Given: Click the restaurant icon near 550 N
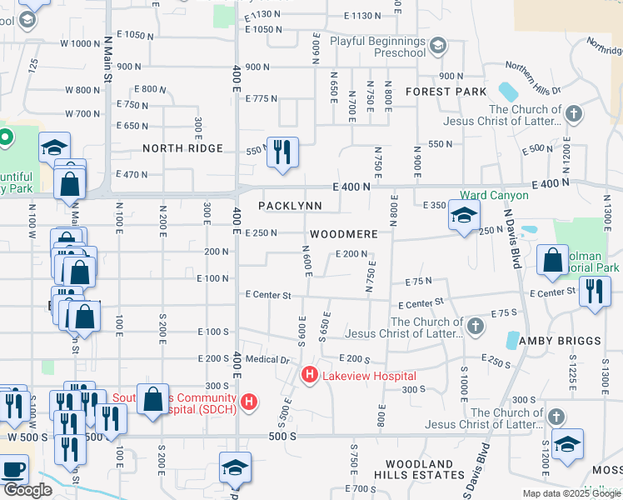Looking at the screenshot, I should click(x=282, y=152).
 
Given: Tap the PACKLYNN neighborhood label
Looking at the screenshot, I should click(x=290, y=205).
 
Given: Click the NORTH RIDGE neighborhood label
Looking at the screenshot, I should click(x=182, y=148).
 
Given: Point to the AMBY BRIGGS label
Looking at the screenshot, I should click(x=560, y=342).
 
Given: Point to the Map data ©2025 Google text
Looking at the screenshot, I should click(x=571, y=493).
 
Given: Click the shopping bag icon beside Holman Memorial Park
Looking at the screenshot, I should click(x=553, y=260).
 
